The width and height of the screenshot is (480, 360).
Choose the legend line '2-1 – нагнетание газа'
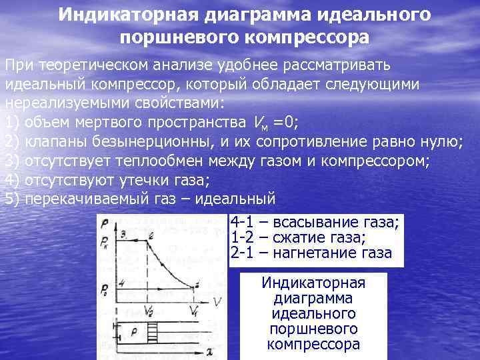tap(311, 253)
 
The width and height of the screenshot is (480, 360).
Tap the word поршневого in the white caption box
tap(313, 329)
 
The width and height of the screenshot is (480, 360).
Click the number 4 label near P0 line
tap(122, 282)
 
